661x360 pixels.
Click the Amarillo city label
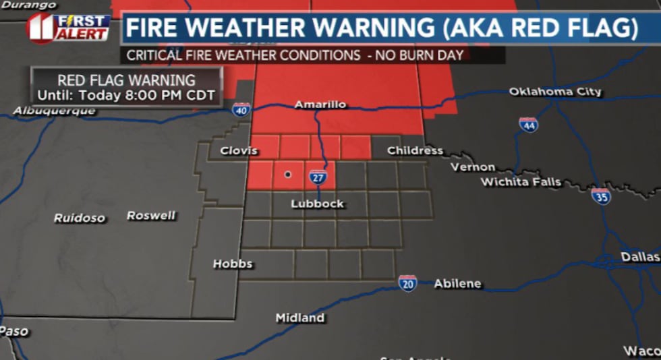320,104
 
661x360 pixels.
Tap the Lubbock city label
317,204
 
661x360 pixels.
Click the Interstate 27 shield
318,177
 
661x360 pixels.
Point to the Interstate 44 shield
528,124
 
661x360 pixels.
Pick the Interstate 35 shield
601,196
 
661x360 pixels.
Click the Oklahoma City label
555,92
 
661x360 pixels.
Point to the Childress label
415,150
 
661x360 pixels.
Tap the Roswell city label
151,216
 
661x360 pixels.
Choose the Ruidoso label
80,218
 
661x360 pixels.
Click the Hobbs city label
233,264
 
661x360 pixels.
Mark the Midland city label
300,318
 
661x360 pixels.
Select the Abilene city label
458,284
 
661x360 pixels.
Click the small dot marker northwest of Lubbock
288,174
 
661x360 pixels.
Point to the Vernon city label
473,167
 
